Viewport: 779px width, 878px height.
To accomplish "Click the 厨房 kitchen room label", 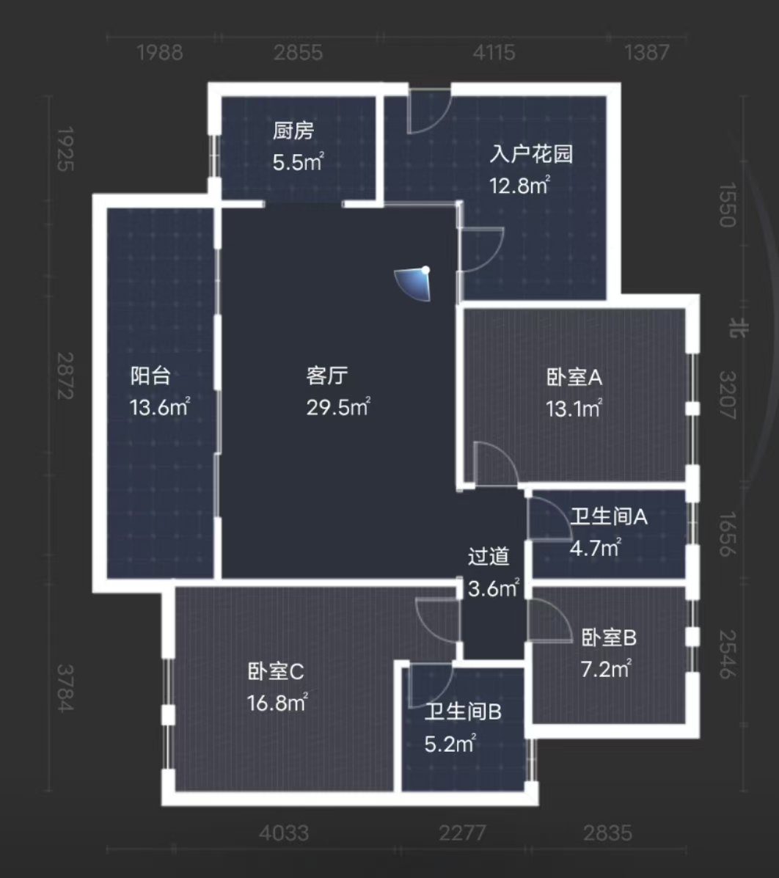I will tap(293, 131).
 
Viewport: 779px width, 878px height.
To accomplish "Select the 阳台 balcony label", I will tap(151, 376).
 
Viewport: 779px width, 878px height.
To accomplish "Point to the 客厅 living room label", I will tap(327, 376).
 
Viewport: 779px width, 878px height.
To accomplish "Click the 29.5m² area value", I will tap(338, 407).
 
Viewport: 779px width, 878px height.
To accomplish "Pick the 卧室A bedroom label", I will tap(574, 378).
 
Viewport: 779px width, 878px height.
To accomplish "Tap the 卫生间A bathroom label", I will tap(609, 516).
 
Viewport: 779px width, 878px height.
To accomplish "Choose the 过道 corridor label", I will tap(489, 557).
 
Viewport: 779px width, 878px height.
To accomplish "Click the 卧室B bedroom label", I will tap(609, 638).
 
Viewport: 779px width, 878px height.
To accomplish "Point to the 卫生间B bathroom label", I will tap(463, 711).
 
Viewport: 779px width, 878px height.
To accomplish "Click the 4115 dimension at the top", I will tap(495, 53).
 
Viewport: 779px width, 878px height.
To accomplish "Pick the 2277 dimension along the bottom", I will tap(461, 833).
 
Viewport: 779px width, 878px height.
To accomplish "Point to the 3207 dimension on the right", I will tap(727, 395).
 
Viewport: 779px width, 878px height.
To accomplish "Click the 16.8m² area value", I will tap(277, 703).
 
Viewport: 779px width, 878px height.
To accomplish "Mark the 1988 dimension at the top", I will tap(160, 53).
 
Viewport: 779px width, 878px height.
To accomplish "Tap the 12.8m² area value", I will tap(520, 186).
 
